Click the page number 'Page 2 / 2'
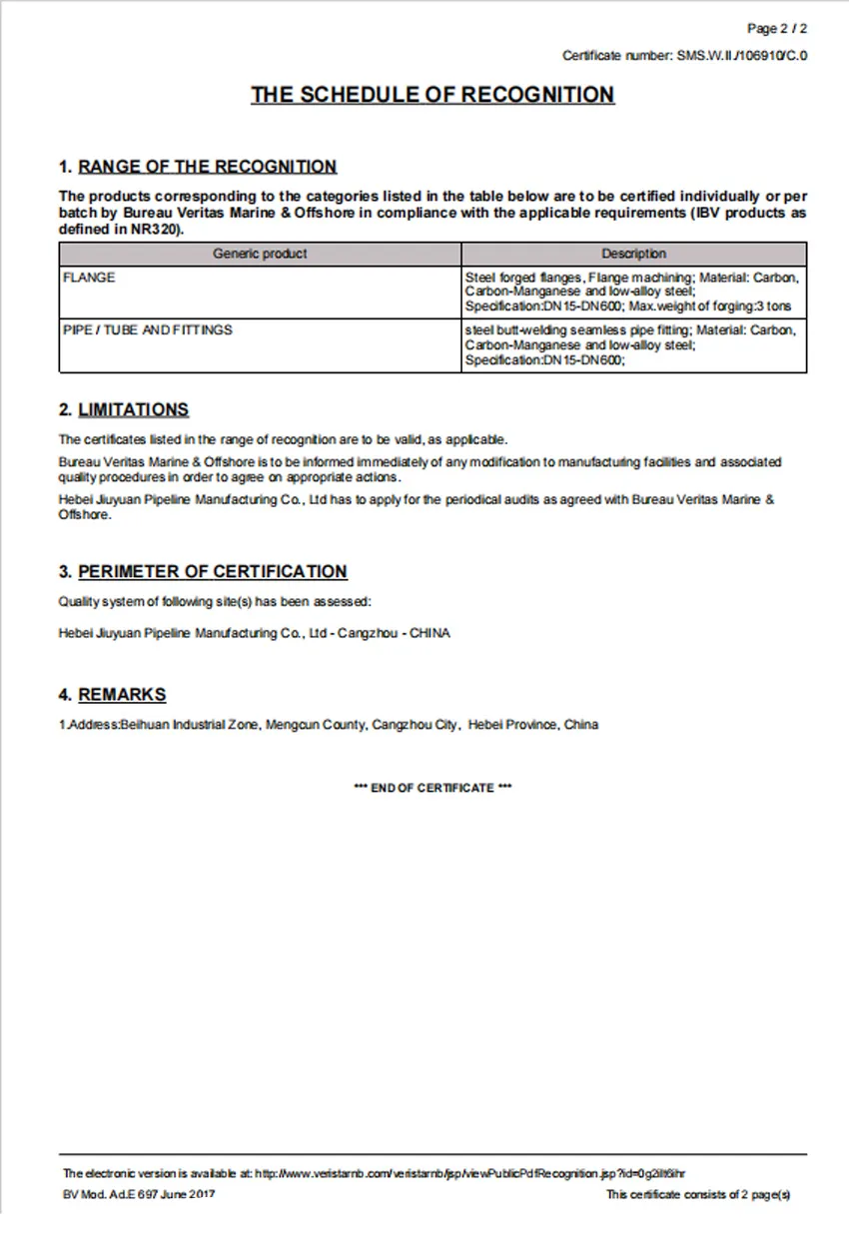(x=777, y=28)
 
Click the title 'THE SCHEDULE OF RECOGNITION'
(x=432, y=95)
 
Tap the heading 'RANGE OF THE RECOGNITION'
(x=207, y=167)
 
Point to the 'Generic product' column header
(x=260, y=254)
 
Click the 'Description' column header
(x=633, y=254)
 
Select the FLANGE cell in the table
(x=89, y=279)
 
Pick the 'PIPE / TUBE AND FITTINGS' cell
(x=147, y=330)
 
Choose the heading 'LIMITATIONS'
(x=133, y=409)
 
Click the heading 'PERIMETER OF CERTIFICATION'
(x=212, y=572)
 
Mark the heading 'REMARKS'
(x=122, y=695)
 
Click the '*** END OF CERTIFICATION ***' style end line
(x=432, y=789)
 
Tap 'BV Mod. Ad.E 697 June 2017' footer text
(x=139, y=1194)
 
